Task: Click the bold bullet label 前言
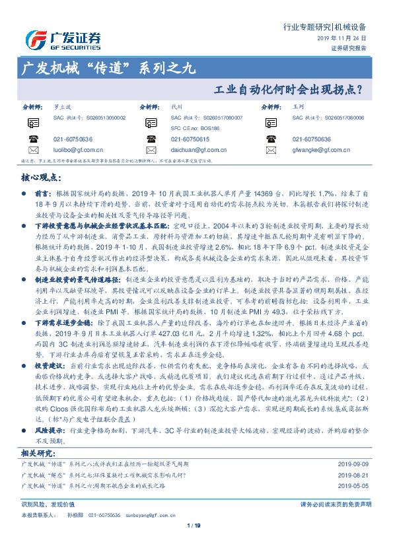(x=42, y=195)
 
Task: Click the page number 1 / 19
(x=194, y=525)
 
